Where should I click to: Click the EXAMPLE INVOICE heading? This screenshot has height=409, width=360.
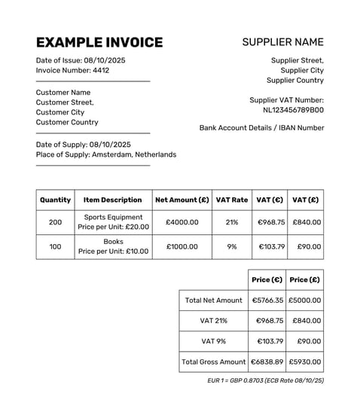coord(99,42)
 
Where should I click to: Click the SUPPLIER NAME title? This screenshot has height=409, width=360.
coord(282,42)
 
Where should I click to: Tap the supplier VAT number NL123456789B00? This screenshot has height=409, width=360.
coord(293,109)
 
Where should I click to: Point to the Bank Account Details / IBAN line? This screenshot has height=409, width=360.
coord(261,128)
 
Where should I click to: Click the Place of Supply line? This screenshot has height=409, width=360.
coord(106,154)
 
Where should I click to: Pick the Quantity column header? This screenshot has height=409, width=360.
coord(55,200)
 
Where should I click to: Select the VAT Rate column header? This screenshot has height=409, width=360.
coord(232,200)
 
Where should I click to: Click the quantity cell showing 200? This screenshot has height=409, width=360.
coord(55,222)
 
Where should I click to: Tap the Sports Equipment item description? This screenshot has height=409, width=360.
coord(113,217)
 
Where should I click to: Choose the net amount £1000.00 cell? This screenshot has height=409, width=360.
coord(182,246)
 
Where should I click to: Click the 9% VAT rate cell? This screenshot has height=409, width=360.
coord(232,246)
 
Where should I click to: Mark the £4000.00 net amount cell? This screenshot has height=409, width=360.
coord(182,222)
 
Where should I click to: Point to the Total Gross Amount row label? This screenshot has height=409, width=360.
coord(214,362)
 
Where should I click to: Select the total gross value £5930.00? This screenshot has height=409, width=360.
coord(305,362)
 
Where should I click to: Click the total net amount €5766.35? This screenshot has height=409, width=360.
coord(267,300)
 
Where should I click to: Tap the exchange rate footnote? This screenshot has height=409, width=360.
coord(265,381)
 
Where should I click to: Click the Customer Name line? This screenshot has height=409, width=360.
coord(63,93)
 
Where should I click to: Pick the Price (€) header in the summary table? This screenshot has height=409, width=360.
coord(267,279)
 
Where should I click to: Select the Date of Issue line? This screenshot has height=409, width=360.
coord(81,60)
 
